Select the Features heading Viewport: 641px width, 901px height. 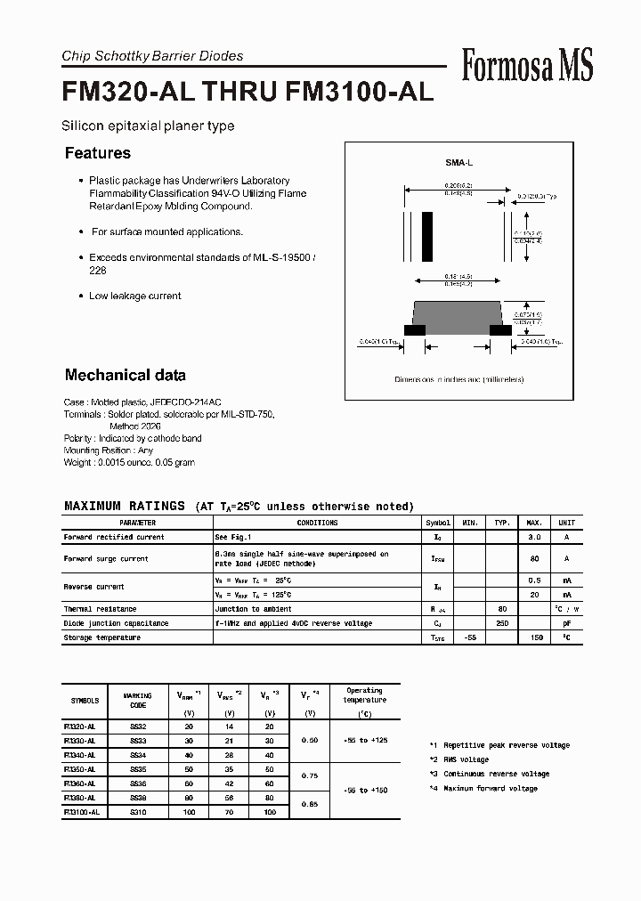pyautogui.click(x=98, y=153)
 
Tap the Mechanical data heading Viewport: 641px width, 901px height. pyautogui.click(x=126, y=375)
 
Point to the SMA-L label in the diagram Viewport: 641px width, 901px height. pyautogui.click(x=458, y=164)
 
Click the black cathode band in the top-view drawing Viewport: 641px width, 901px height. pyautogui.click(x=427, y=235)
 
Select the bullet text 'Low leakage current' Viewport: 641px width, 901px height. pyautogui.click(x=134, y=296)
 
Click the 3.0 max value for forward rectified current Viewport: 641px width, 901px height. pyautogui.click(x=534, y=538)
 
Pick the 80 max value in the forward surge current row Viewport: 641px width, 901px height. pyautogui.click(x=534, y=559)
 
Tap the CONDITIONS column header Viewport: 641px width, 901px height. pyautogui.click(x=317, y=524)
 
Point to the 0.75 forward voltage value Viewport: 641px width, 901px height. pyautogui.click(x=310, y=775)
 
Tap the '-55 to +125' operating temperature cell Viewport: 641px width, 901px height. pyautogui.click(x=364, y=740)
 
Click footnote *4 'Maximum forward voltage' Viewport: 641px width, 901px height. pyautogui.click(x=489, y=789)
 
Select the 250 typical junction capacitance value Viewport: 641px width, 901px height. pyautogui.click(x=501, y=623)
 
